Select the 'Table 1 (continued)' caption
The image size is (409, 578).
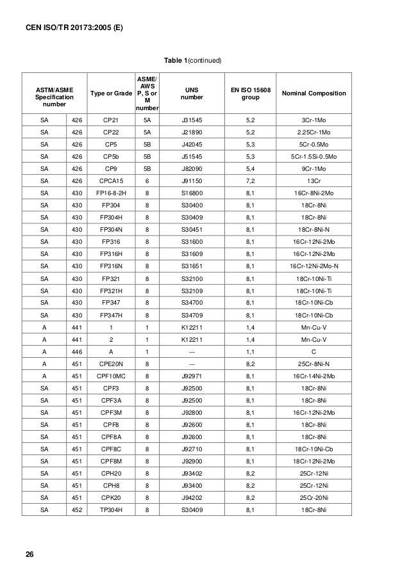click(192, 60)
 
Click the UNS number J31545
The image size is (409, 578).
click(190, 120)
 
